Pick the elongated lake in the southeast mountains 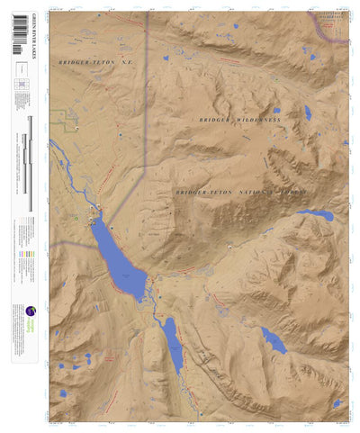click(274, 340)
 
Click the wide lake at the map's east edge click(317, 215)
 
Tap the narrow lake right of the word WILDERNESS click(307, 113)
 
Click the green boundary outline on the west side click(65, 117)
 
